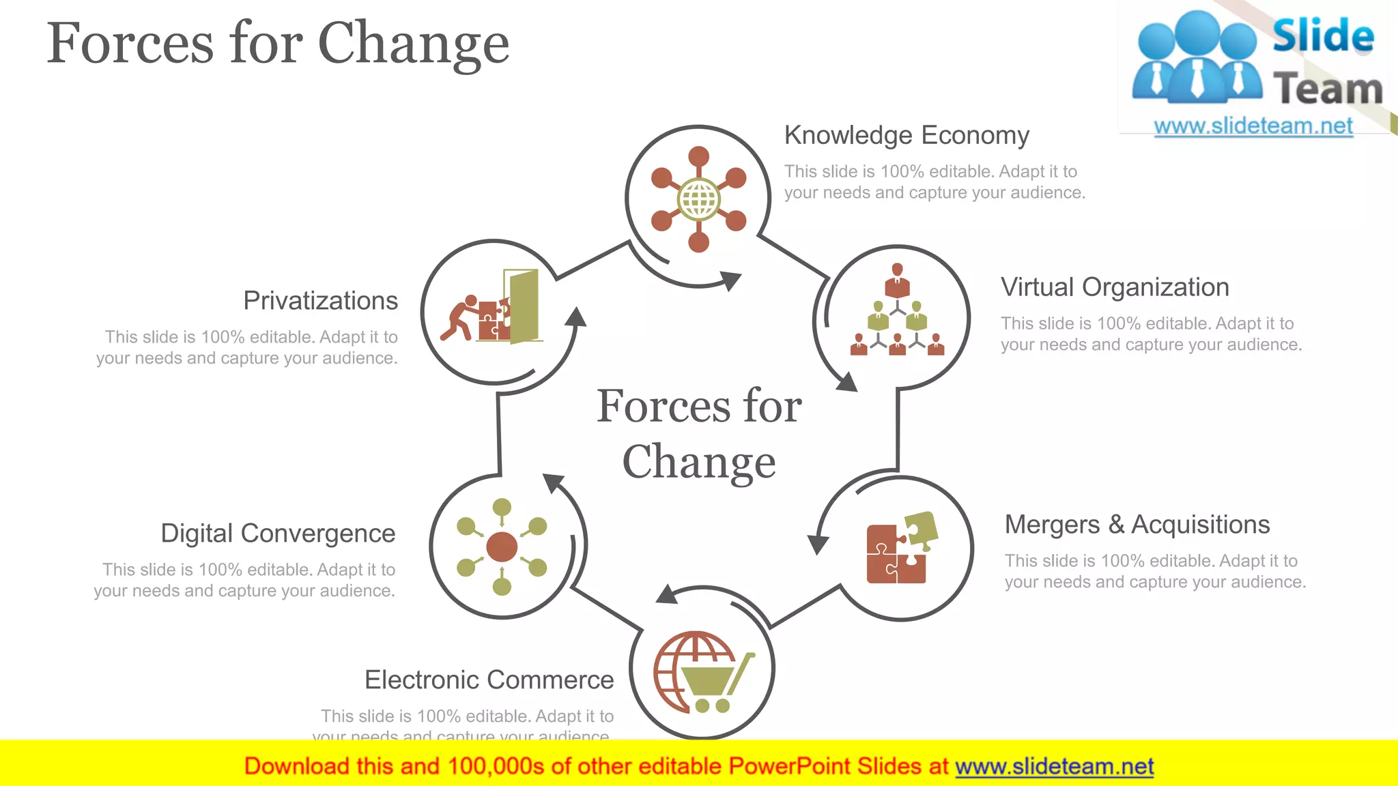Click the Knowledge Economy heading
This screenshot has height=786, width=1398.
point(907,136)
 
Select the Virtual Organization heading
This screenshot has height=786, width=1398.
point(1115,287)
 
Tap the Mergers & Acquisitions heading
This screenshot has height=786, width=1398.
point(1137,525)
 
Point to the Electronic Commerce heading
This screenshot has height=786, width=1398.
point(489,680)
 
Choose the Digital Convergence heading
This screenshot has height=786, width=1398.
point(278,534)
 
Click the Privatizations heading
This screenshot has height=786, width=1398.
point(320,301)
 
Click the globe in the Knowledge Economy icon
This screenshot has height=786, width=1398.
point(698,199)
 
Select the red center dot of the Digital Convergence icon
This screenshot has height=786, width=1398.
point(502,547)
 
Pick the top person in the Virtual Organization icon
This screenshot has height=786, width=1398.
point(897,280)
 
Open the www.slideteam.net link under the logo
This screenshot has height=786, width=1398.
point(1253,126)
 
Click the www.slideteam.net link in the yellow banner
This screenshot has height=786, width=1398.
point(1054,766)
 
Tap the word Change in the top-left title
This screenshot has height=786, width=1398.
point(414,44)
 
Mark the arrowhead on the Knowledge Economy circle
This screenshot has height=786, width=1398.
point(730,280)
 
